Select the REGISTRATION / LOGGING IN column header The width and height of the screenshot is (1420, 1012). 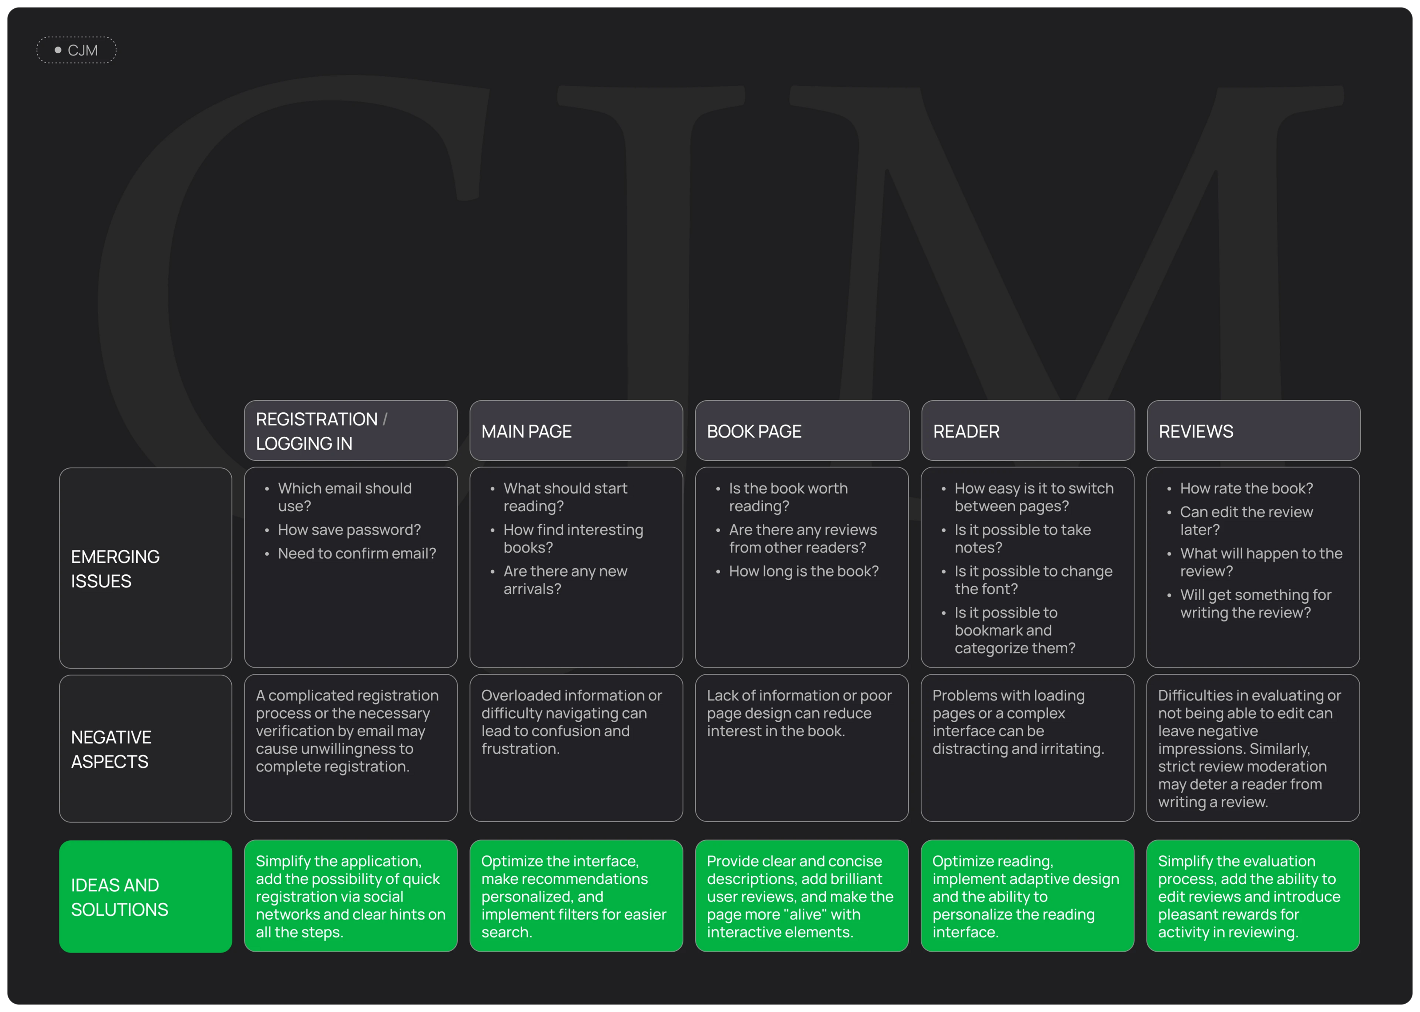(350, 431)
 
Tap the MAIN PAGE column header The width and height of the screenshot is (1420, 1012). (576, 431)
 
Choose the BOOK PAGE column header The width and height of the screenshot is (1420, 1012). (801, 431)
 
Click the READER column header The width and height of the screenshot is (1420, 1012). (1028, 431)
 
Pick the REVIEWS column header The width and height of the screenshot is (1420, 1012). (1253, 431)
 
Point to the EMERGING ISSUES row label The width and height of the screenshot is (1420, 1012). (145, 568)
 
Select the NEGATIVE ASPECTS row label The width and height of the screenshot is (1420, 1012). (145, 749)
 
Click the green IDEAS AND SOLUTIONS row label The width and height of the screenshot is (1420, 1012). (145, 897)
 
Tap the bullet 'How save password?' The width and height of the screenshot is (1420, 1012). (349, 530)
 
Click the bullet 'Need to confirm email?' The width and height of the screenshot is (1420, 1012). (357, 553)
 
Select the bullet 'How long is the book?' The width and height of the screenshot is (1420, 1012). (804, 571)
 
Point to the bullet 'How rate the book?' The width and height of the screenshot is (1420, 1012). (1246, 489)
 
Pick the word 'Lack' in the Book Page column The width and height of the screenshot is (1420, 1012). (721, 696)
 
